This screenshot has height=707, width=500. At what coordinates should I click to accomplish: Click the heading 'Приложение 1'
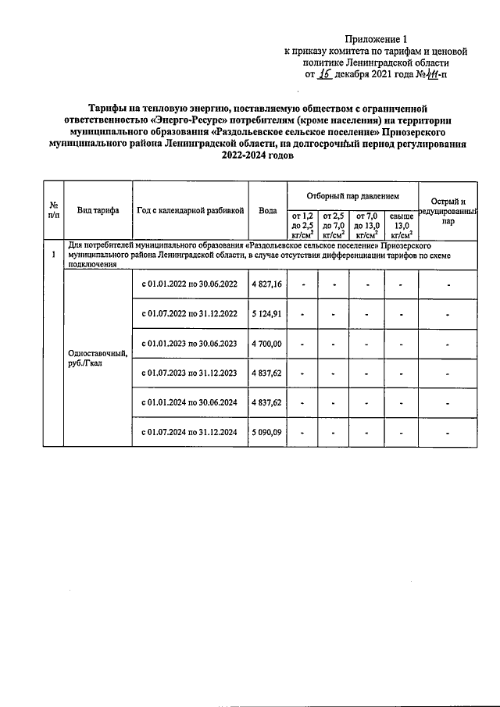point(377,38)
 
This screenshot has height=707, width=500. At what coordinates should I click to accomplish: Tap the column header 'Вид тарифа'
point(98,210)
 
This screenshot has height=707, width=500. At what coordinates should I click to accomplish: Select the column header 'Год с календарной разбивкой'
point(191,210)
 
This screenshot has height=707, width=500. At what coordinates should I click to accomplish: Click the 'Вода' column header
point(267,210)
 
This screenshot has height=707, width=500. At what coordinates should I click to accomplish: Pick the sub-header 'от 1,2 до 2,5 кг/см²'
point(302,225)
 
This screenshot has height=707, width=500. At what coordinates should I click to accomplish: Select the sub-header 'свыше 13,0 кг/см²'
point(401,225)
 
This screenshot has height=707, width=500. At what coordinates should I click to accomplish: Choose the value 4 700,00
point(267,343)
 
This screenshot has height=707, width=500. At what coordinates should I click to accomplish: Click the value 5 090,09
point(267,431)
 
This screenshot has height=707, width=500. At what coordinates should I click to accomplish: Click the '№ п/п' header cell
point(52,210)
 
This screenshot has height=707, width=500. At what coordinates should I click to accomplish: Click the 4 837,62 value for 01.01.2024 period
point(267,402)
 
